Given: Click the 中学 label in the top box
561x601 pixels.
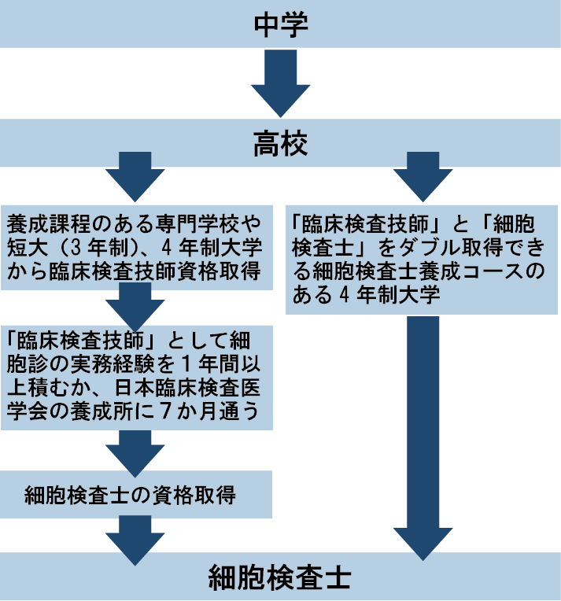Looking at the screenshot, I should pos(280,24).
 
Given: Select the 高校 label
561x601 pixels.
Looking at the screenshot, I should pos(280,143).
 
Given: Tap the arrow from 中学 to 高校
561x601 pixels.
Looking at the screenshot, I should pos(280,83).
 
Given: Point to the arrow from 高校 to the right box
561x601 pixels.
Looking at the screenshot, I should pos(416,180).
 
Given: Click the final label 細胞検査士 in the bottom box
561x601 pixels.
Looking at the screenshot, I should pos(280,578).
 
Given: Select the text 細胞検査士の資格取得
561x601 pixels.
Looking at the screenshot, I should pos(131,496).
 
